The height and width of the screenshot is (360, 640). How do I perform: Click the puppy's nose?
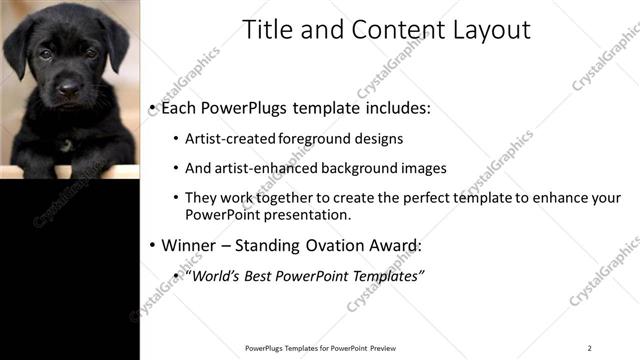click(68, 91)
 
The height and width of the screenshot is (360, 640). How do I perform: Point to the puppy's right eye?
click(46, 54)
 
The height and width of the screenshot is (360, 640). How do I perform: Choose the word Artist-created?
click(226, 139)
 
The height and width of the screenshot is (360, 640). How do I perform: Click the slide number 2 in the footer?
click(590, 348)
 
